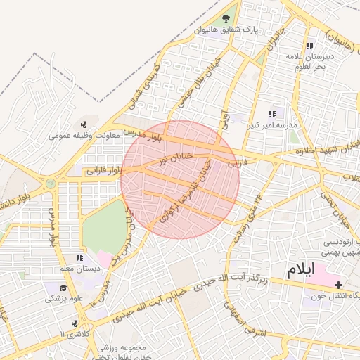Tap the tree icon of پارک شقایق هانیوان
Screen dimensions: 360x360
tap(226, 19)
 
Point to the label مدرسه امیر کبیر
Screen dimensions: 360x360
tap(271, 126)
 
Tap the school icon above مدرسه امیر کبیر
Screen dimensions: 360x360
tap(272, 114)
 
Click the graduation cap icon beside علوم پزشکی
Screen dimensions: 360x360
tap(63, 288)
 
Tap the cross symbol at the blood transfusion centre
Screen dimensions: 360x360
tap(340, 285)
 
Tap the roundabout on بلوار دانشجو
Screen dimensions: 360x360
tap(50, 184)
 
